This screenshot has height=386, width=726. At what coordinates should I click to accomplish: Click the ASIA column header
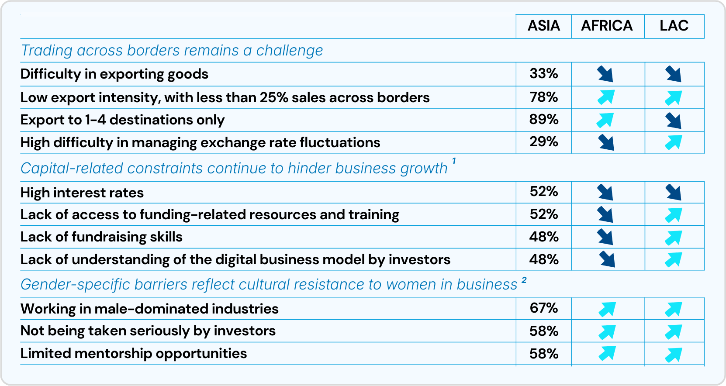point(543,26)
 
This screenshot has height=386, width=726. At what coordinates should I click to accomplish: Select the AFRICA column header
point(607,26)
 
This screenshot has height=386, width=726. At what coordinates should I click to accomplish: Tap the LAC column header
point(674,26)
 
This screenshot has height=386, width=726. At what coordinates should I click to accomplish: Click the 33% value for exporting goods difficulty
point(543,73)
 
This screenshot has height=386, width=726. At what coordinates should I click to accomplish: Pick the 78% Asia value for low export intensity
point(543,97)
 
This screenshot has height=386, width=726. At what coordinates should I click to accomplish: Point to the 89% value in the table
point(543,120)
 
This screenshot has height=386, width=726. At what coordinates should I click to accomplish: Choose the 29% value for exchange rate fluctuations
point(543,142)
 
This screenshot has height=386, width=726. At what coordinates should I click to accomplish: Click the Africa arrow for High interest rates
point(605,192)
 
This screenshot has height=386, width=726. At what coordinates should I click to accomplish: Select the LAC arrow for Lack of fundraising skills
point(673,237)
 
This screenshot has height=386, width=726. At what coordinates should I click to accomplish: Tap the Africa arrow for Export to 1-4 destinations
point(605,120)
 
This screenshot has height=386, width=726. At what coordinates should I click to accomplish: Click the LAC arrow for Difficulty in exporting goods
point(673,74)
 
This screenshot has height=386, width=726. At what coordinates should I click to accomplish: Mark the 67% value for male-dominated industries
point(543,308)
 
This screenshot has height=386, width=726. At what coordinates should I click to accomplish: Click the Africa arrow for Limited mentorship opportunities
point(607,353)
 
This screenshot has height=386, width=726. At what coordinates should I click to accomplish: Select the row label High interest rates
point(82,193)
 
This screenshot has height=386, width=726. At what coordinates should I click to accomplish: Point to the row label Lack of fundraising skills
point(101,237)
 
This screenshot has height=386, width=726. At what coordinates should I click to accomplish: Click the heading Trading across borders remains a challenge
point(172,51)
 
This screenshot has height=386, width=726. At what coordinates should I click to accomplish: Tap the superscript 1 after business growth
point(454,161)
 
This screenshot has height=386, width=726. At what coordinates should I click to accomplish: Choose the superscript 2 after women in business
point(524,280)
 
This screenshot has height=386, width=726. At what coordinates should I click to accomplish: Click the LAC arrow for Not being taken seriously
point(673,332)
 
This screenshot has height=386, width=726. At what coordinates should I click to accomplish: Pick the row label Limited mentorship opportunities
point(134,353)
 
